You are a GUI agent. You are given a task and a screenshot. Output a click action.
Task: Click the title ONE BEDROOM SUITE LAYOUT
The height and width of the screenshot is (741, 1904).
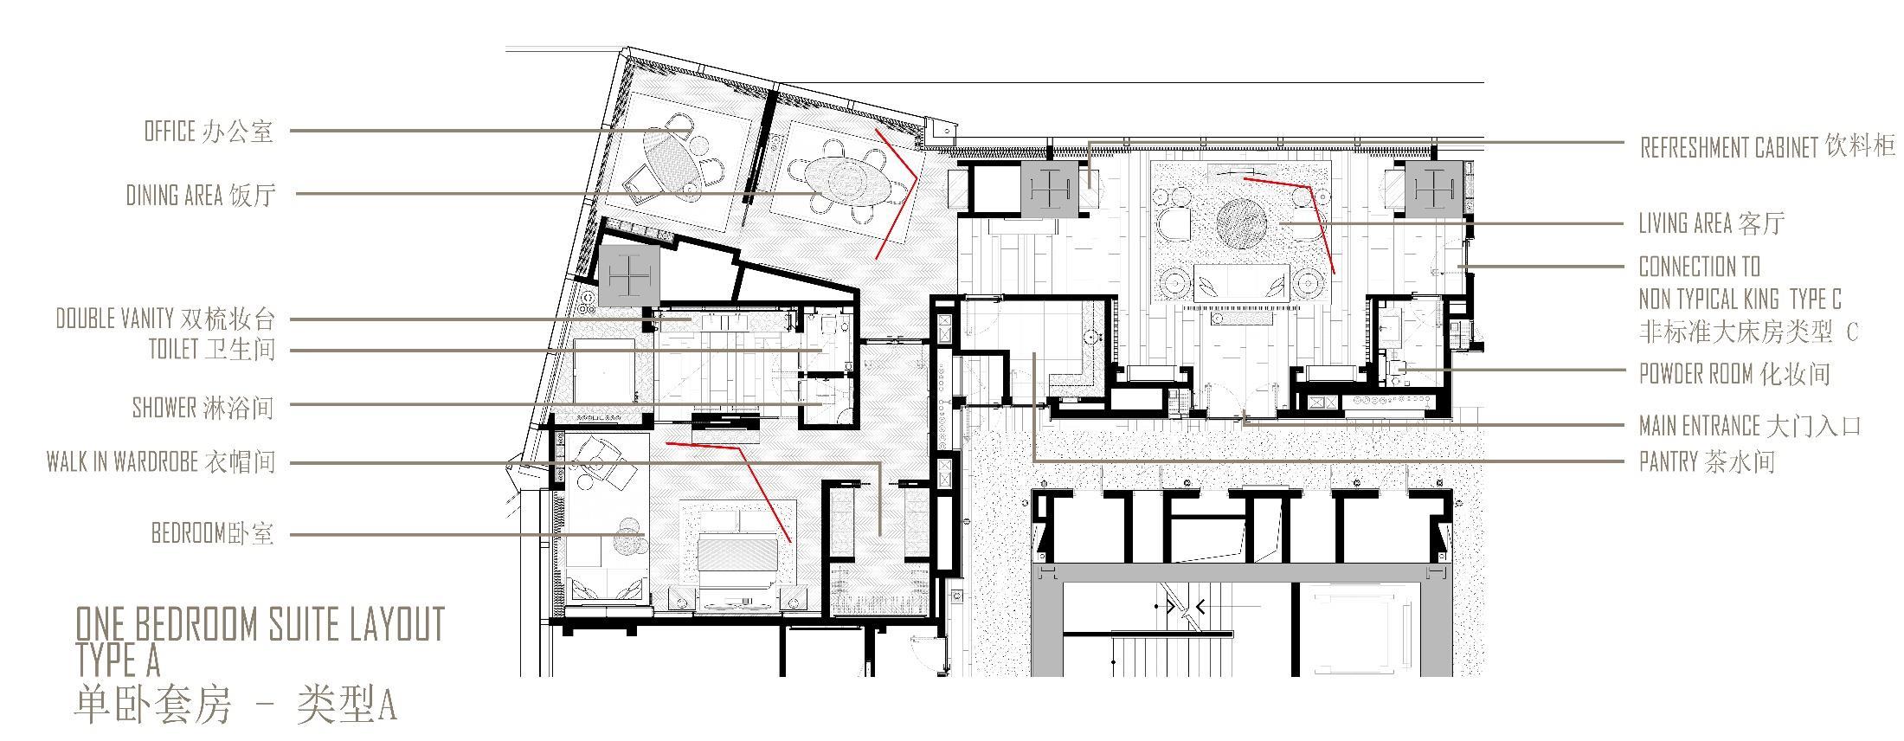[x=260, y=623]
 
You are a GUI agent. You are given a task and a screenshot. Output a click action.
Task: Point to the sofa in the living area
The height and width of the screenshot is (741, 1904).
[x=1241, y=282]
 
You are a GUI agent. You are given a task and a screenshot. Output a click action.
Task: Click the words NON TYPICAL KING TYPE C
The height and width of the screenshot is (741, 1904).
[x=1740, y=300]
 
